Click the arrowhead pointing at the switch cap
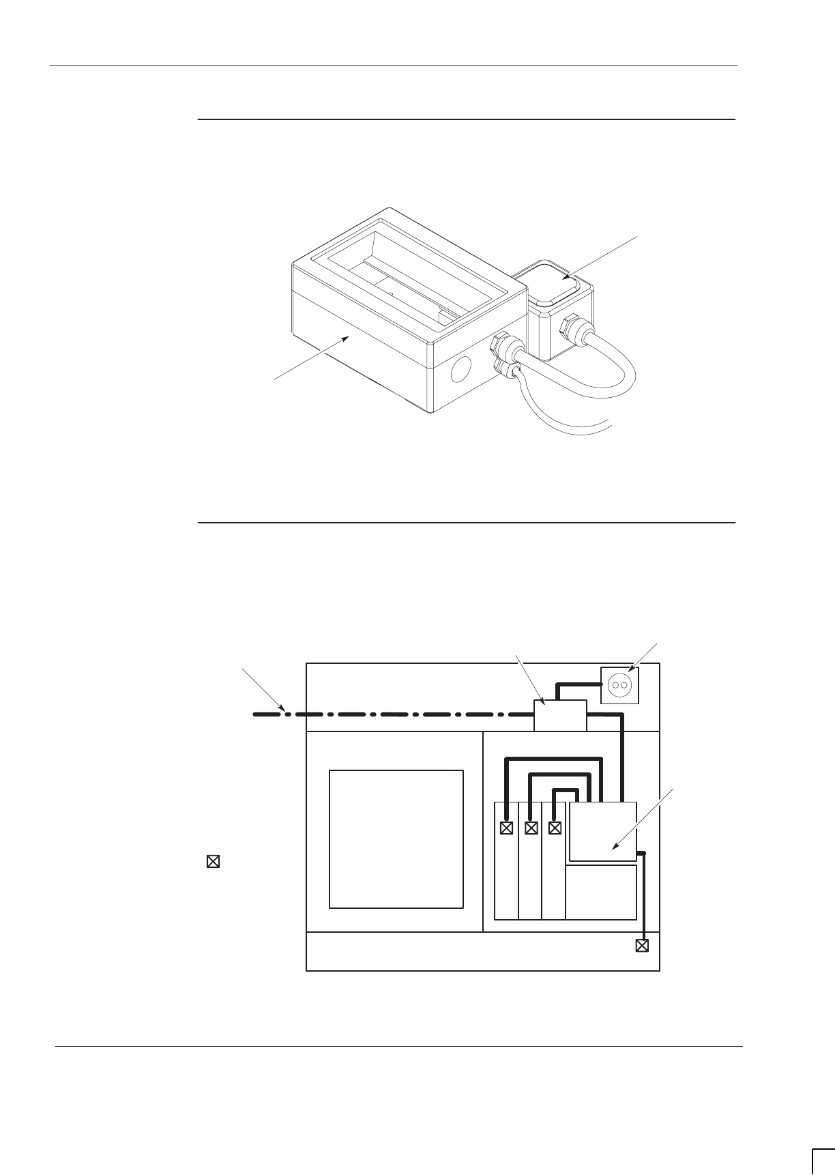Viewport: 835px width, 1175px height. (x=566, y=278)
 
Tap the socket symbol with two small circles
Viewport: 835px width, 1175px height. (x=619, y=684)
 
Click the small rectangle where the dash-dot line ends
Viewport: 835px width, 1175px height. (x=559, y=715)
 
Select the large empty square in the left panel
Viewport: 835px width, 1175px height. (x=396, y=839)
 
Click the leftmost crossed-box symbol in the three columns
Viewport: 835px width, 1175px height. (x=506, y=828)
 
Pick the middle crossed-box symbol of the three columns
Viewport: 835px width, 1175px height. (x=531, y=828)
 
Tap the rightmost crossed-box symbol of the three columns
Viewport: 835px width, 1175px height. (x=555, y=828)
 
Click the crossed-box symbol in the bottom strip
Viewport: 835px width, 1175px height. (x=641, y=946)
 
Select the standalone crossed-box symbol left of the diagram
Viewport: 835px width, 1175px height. (x=213, y=862)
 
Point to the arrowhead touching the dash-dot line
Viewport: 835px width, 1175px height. (x=283, y=708)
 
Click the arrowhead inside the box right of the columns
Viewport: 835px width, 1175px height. (x=615, y=846)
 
